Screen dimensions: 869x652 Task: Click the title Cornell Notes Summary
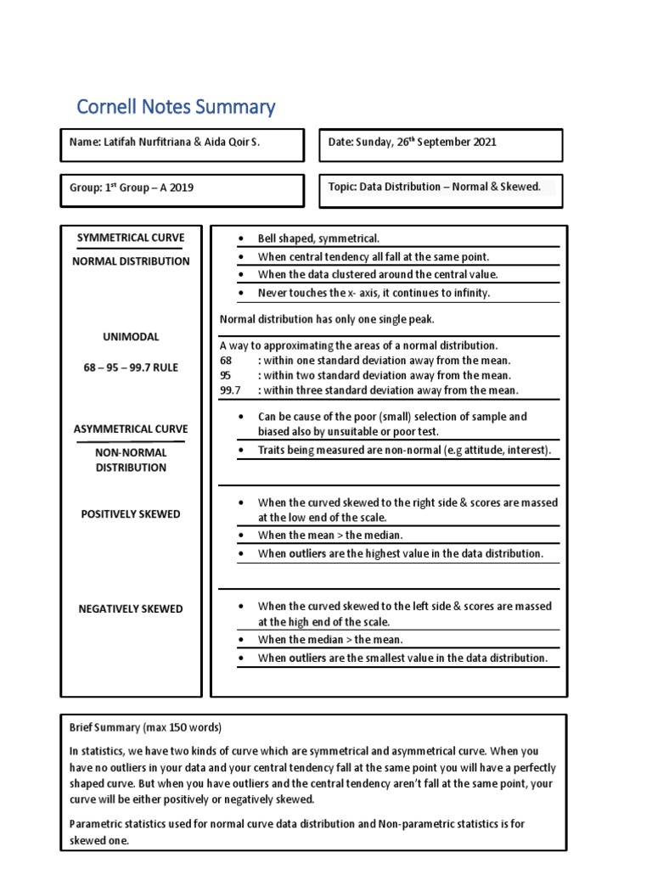pos(176,107)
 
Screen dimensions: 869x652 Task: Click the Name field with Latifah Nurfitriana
pos(165,143)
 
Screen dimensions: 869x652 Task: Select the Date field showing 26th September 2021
pos(412,143)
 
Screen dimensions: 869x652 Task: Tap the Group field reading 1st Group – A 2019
pos(131,188)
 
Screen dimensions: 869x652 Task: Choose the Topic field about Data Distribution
pos(434,187)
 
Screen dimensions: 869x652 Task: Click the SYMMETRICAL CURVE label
pos(131,238)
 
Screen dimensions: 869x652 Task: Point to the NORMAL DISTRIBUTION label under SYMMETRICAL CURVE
pos(131,261)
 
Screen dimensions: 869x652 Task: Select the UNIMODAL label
pos(131,337)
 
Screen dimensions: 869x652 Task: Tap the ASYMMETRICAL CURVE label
pos(131,429)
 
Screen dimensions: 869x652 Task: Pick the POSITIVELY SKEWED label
pos(131,514)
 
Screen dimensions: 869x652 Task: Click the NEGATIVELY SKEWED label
pos(131,608)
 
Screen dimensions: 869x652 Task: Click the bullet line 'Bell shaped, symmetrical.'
pos(318,239)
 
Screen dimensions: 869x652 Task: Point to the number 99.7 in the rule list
pos(230,390)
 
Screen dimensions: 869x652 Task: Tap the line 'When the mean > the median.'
pos(330,535)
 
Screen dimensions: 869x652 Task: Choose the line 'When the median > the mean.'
pos(330,640)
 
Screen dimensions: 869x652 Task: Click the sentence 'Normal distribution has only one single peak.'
pos(327,320)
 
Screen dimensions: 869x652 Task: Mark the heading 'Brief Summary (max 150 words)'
pos(145,728)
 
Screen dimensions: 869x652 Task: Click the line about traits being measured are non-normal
pos(404,451)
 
